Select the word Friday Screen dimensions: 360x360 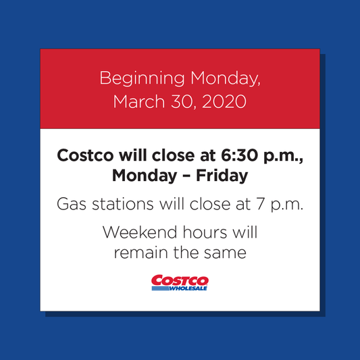(x=224, y=176)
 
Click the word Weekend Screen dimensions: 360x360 (x=138, y=233)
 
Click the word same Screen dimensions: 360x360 (x=225, y=254)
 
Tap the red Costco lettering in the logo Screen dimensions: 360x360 (x=180, y=280)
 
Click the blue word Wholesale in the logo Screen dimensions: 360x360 (x=188, y=288)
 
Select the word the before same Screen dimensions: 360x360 (x=183, y=254)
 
